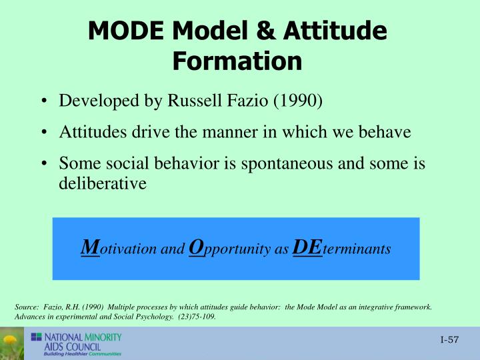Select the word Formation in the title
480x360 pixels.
click(x=237, y=61)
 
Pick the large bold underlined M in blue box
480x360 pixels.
click(x=86, y=248)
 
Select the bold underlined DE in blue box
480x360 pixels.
click(x=307, y=248)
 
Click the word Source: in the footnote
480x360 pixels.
click(x=27, y=307)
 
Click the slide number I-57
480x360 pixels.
click(x=450, y=341)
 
